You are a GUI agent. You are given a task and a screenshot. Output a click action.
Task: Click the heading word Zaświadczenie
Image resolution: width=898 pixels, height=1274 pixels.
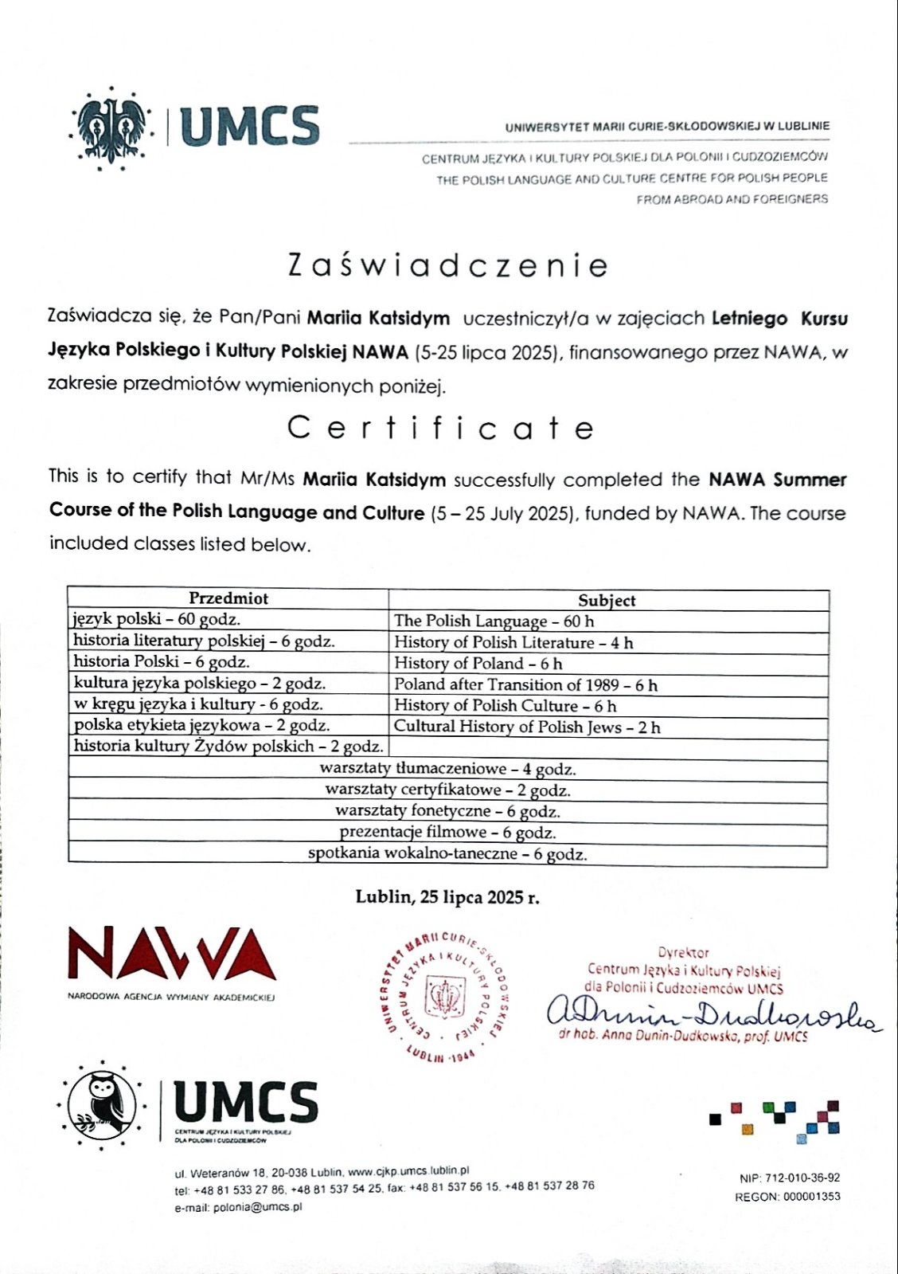click(x=448, y=265)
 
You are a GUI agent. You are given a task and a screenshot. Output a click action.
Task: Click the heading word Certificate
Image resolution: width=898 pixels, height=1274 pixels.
click(x=440, y=428)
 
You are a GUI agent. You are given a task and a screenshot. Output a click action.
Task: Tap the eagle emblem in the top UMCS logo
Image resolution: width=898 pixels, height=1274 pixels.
click(x=112, y=127)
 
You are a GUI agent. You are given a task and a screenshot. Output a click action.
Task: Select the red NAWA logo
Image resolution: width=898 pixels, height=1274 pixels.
click(x=171, y=954)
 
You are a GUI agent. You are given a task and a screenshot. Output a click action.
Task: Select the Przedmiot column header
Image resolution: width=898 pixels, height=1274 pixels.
click(x=228, y=598)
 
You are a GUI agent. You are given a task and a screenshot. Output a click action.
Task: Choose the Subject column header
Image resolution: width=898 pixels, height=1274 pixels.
click(x=607, y=601)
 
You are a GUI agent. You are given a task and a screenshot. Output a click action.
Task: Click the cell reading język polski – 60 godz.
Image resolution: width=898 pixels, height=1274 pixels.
click(x=157, y=619)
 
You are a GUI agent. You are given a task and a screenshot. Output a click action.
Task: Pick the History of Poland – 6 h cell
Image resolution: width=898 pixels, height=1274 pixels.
click(x=478, y=663)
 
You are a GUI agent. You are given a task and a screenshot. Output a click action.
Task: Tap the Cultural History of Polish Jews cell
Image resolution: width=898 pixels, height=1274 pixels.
click(x=527, y=727)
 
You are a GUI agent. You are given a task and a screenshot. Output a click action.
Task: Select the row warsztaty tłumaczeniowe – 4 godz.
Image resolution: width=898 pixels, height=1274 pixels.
click(x=447, y=769)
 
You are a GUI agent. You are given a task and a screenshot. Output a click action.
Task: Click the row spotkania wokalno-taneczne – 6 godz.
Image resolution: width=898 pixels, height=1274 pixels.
click(x=447, y=854)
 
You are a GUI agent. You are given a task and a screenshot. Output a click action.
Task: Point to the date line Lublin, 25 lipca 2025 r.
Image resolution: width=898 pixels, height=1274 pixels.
click(x=447, y=897)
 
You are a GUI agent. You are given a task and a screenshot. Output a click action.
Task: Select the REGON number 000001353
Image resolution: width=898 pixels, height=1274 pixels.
click(x=810, y=1196)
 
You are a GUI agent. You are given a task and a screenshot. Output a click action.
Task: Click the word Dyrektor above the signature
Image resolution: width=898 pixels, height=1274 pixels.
click(x=683, y=952)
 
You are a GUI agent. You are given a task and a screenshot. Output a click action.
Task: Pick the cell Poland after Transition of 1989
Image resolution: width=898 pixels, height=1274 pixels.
click(x=525, y=684)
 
